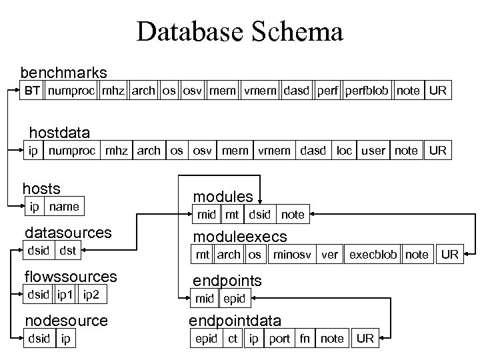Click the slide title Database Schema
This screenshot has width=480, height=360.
pyautogui.click(x=240, y=31)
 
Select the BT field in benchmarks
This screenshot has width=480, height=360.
pyautogui.click(x=32, y=90)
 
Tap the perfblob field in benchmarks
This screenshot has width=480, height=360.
pyautogui.click(x=367, y=90)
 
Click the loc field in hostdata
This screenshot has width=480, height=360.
pyautogui.click(x=344, y=150)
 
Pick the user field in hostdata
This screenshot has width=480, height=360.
pyautogui.click(x=373, y=150)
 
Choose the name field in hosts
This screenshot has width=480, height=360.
pyautogui.click(x=64, y=207)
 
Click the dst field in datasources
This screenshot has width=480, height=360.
pyautogui.click(x=68, y=251)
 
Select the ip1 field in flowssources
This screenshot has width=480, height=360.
pyautogui.click(x=66, y=295)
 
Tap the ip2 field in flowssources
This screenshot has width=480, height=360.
pyautogui.click(x=93, y=295)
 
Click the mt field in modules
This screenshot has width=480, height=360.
pyautogui.click(x=232, y=215)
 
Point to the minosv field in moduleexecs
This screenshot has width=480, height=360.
pyautogui.click(x=291, y=255)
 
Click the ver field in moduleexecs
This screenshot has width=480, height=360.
pyautogui.click(x=330, y=255)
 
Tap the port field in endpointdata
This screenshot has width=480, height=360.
pyautogui.click(x=279, y=339)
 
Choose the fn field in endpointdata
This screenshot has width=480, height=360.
pyautogui.click(x=305, y=339)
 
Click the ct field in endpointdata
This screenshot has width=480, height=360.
pyautogui.click(x=233, y=339)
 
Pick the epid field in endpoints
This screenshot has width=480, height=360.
pyautogui.click(x=234, y=299)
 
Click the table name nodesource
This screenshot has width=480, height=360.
pyautogui.click(x=66, y=321)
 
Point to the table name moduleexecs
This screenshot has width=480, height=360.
pyautogui.click(x=240, y=237)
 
